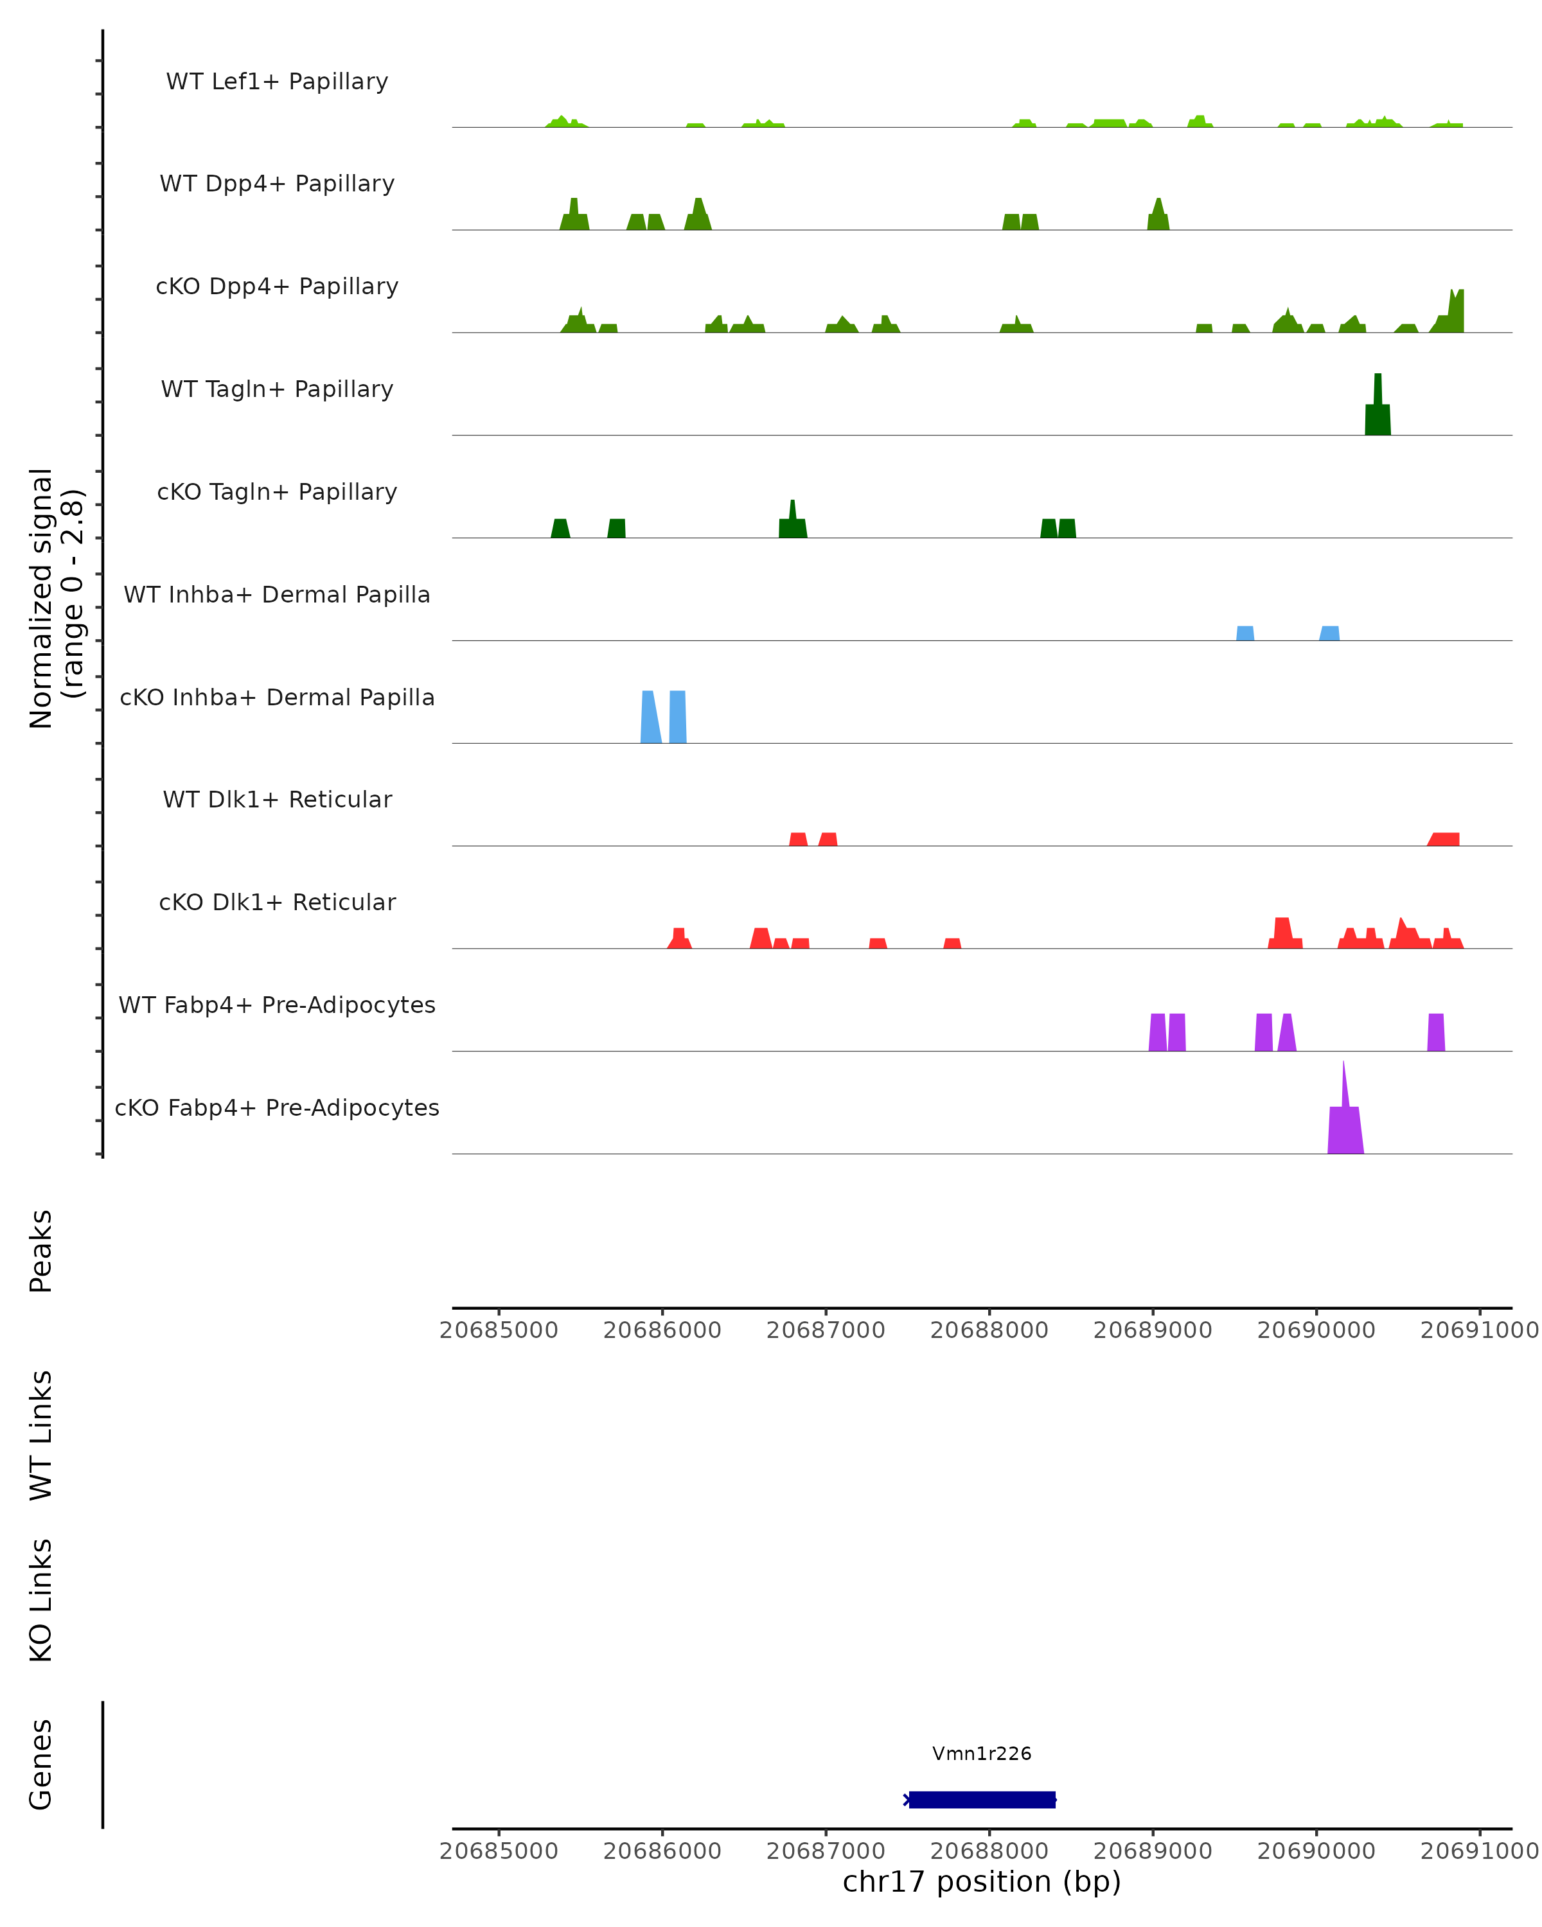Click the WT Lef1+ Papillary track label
[x=277, y=82]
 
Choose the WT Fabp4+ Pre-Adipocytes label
[x=277, y=1005]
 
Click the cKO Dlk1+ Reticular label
[x=277, y=902]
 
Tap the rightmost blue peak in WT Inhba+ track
[x=1329, y=634]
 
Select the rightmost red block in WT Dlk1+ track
[x=1444, y=840]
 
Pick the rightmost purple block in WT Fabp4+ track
[x=1435, y=1032]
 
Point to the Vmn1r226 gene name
[x=982, y=1754]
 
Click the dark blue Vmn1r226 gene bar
[x=982, y=1800]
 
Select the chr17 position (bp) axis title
[x=982, y=1881]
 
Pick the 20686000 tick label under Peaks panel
[x=662, y=1330]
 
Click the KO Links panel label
[x=41, y=1600]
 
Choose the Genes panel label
[x=41, y=1764]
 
